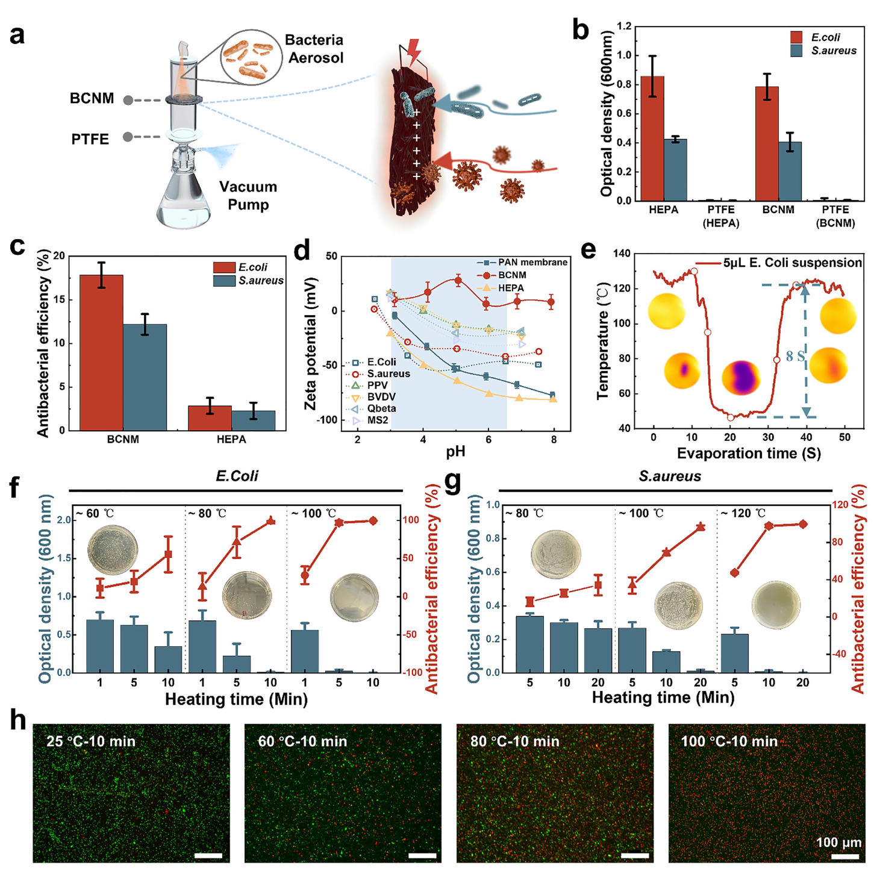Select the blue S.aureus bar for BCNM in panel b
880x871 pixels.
[x=790, y=172]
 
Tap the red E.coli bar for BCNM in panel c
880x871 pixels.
[x=101, y=352]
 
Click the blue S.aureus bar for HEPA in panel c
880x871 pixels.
[x=254, y=420]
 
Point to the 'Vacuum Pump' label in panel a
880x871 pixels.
[x=248, y=195]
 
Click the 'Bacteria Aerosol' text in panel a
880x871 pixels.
[x=314, y=49]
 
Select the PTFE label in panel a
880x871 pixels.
[x=90, y=139]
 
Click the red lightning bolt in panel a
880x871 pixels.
[x=413, y=52]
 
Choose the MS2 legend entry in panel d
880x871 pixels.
[x=377, y=420]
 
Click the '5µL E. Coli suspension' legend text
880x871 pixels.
[x=792, y=263]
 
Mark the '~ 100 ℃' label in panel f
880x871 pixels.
[x=313, y=513]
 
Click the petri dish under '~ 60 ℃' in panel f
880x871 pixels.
[x=113, y=549]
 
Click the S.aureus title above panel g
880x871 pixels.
[x=670, y=476]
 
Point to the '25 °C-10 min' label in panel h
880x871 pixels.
[x=91, y=741]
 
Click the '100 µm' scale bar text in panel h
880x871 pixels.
[x=838, y=842]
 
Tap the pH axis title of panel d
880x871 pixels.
[x=455, y=451]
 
